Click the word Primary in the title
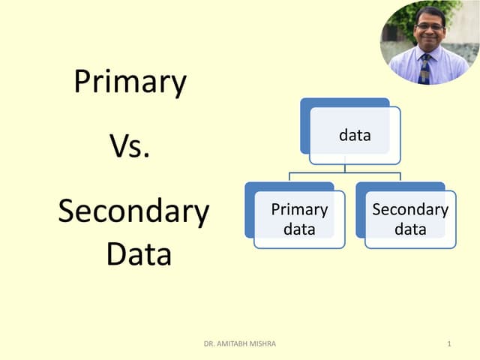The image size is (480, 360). click(130, 82)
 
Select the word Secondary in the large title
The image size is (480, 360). click(133, 212)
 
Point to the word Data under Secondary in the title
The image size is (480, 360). click(139, 254)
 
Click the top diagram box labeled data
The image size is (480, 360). click(355, 136)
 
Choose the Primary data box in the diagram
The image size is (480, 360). click(299, 219)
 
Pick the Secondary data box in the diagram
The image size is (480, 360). click(410, 219)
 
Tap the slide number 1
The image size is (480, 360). click(448, 344)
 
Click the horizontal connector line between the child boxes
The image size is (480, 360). click(345, 173)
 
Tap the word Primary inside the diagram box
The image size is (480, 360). click(299, 210)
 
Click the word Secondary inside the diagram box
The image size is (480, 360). click(410, 210)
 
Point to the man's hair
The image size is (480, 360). click(430, 11)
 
